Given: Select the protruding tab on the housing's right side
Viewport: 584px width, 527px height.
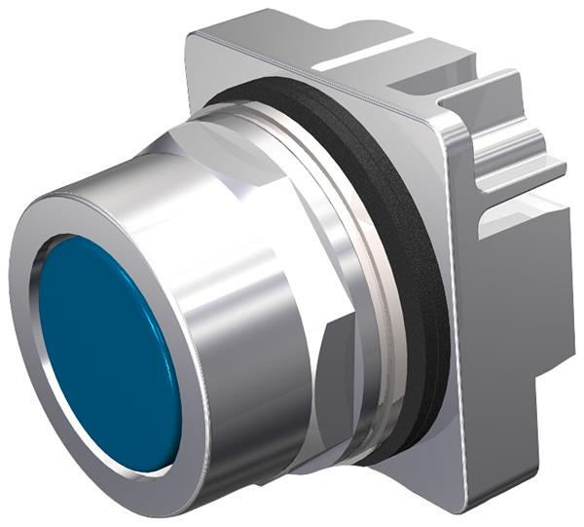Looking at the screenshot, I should (x=526, y=166).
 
